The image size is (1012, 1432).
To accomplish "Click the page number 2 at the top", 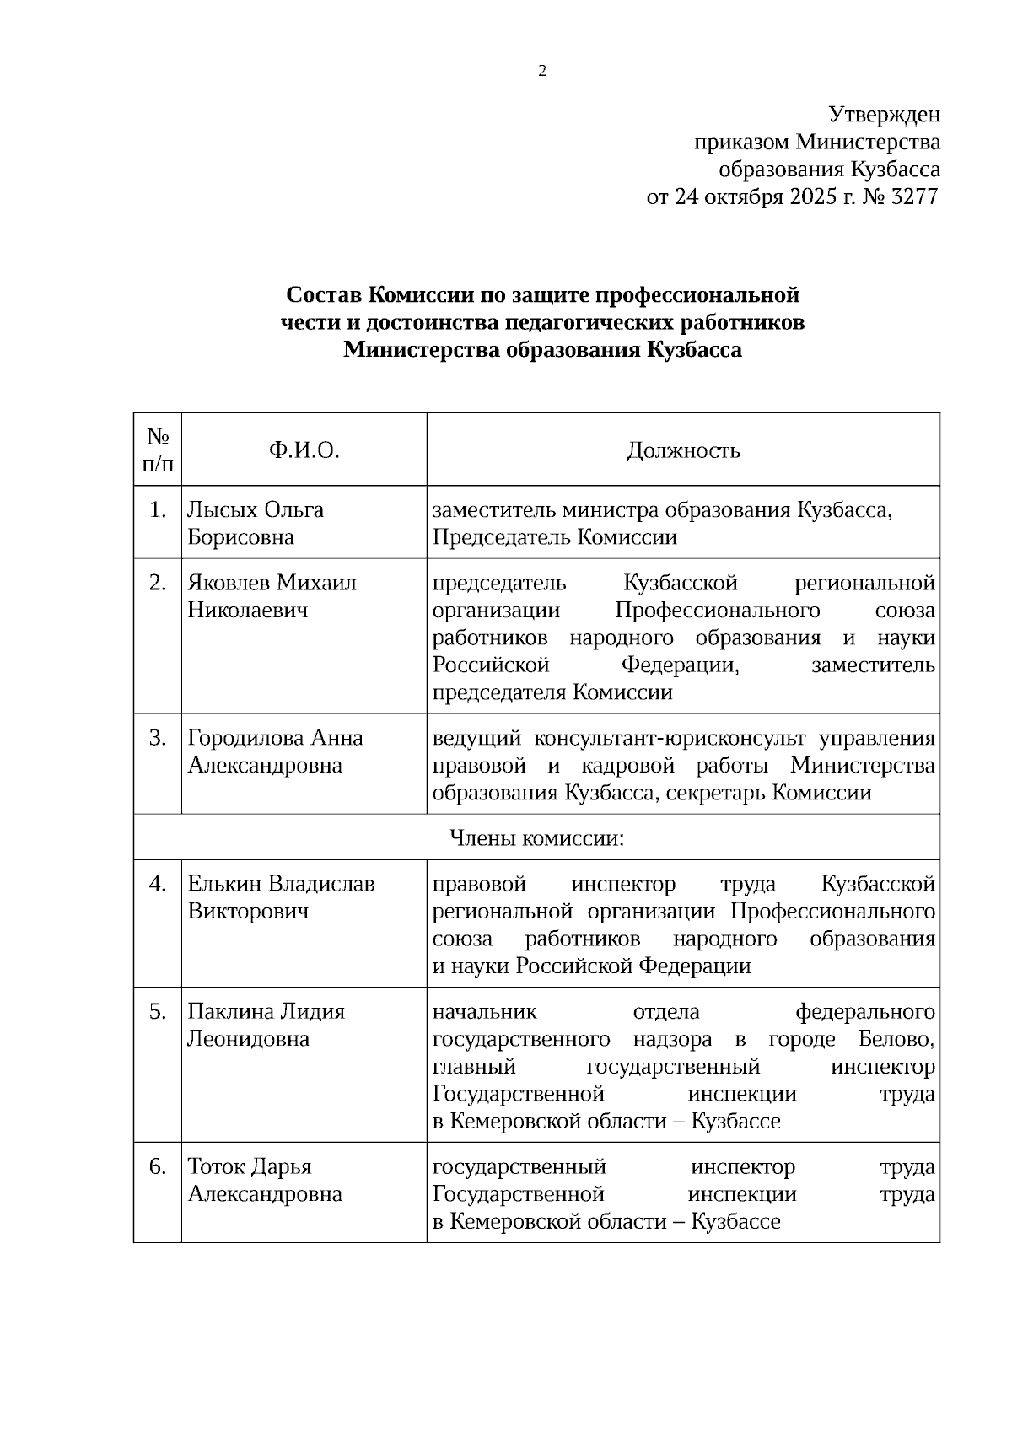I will pos(542,72).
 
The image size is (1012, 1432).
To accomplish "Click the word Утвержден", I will pos(884,114).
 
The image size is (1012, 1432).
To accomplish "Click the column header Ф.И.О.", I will pos(304,450).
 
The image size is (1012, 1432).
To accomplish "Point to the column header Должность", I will pos(683,450).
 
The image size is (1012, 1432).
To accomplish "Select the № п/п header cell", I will pos(158,450).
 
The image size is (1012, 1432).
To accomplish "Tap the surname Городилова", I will pos(245,738).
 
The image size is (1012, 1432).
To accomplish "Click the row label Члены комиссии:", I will pos(536,838).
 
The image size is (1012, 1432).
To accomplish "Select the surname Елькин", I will pos(223,884).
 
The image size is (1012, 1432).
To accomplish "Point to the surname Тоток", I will pos(215,1166).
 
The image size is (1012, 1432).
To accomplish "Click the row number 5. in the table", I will pos(158,1011).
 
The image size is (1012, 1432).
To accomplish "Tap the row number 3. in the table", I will pos(158,738).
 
